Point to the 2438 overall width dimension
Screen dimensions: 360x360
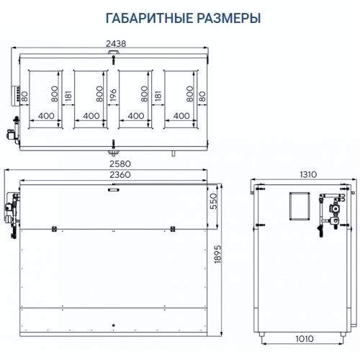pyautogui.click(x=114, y=43)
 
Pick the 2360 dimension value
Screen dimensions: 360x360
pyautogui.click(x=114, y=175)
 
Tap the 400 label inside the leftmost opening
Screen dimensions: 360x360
pyautogui.click(x=46, y=115)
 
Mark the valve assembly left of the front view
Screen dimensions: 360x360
pyautogui.click(x=10, y=212)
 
